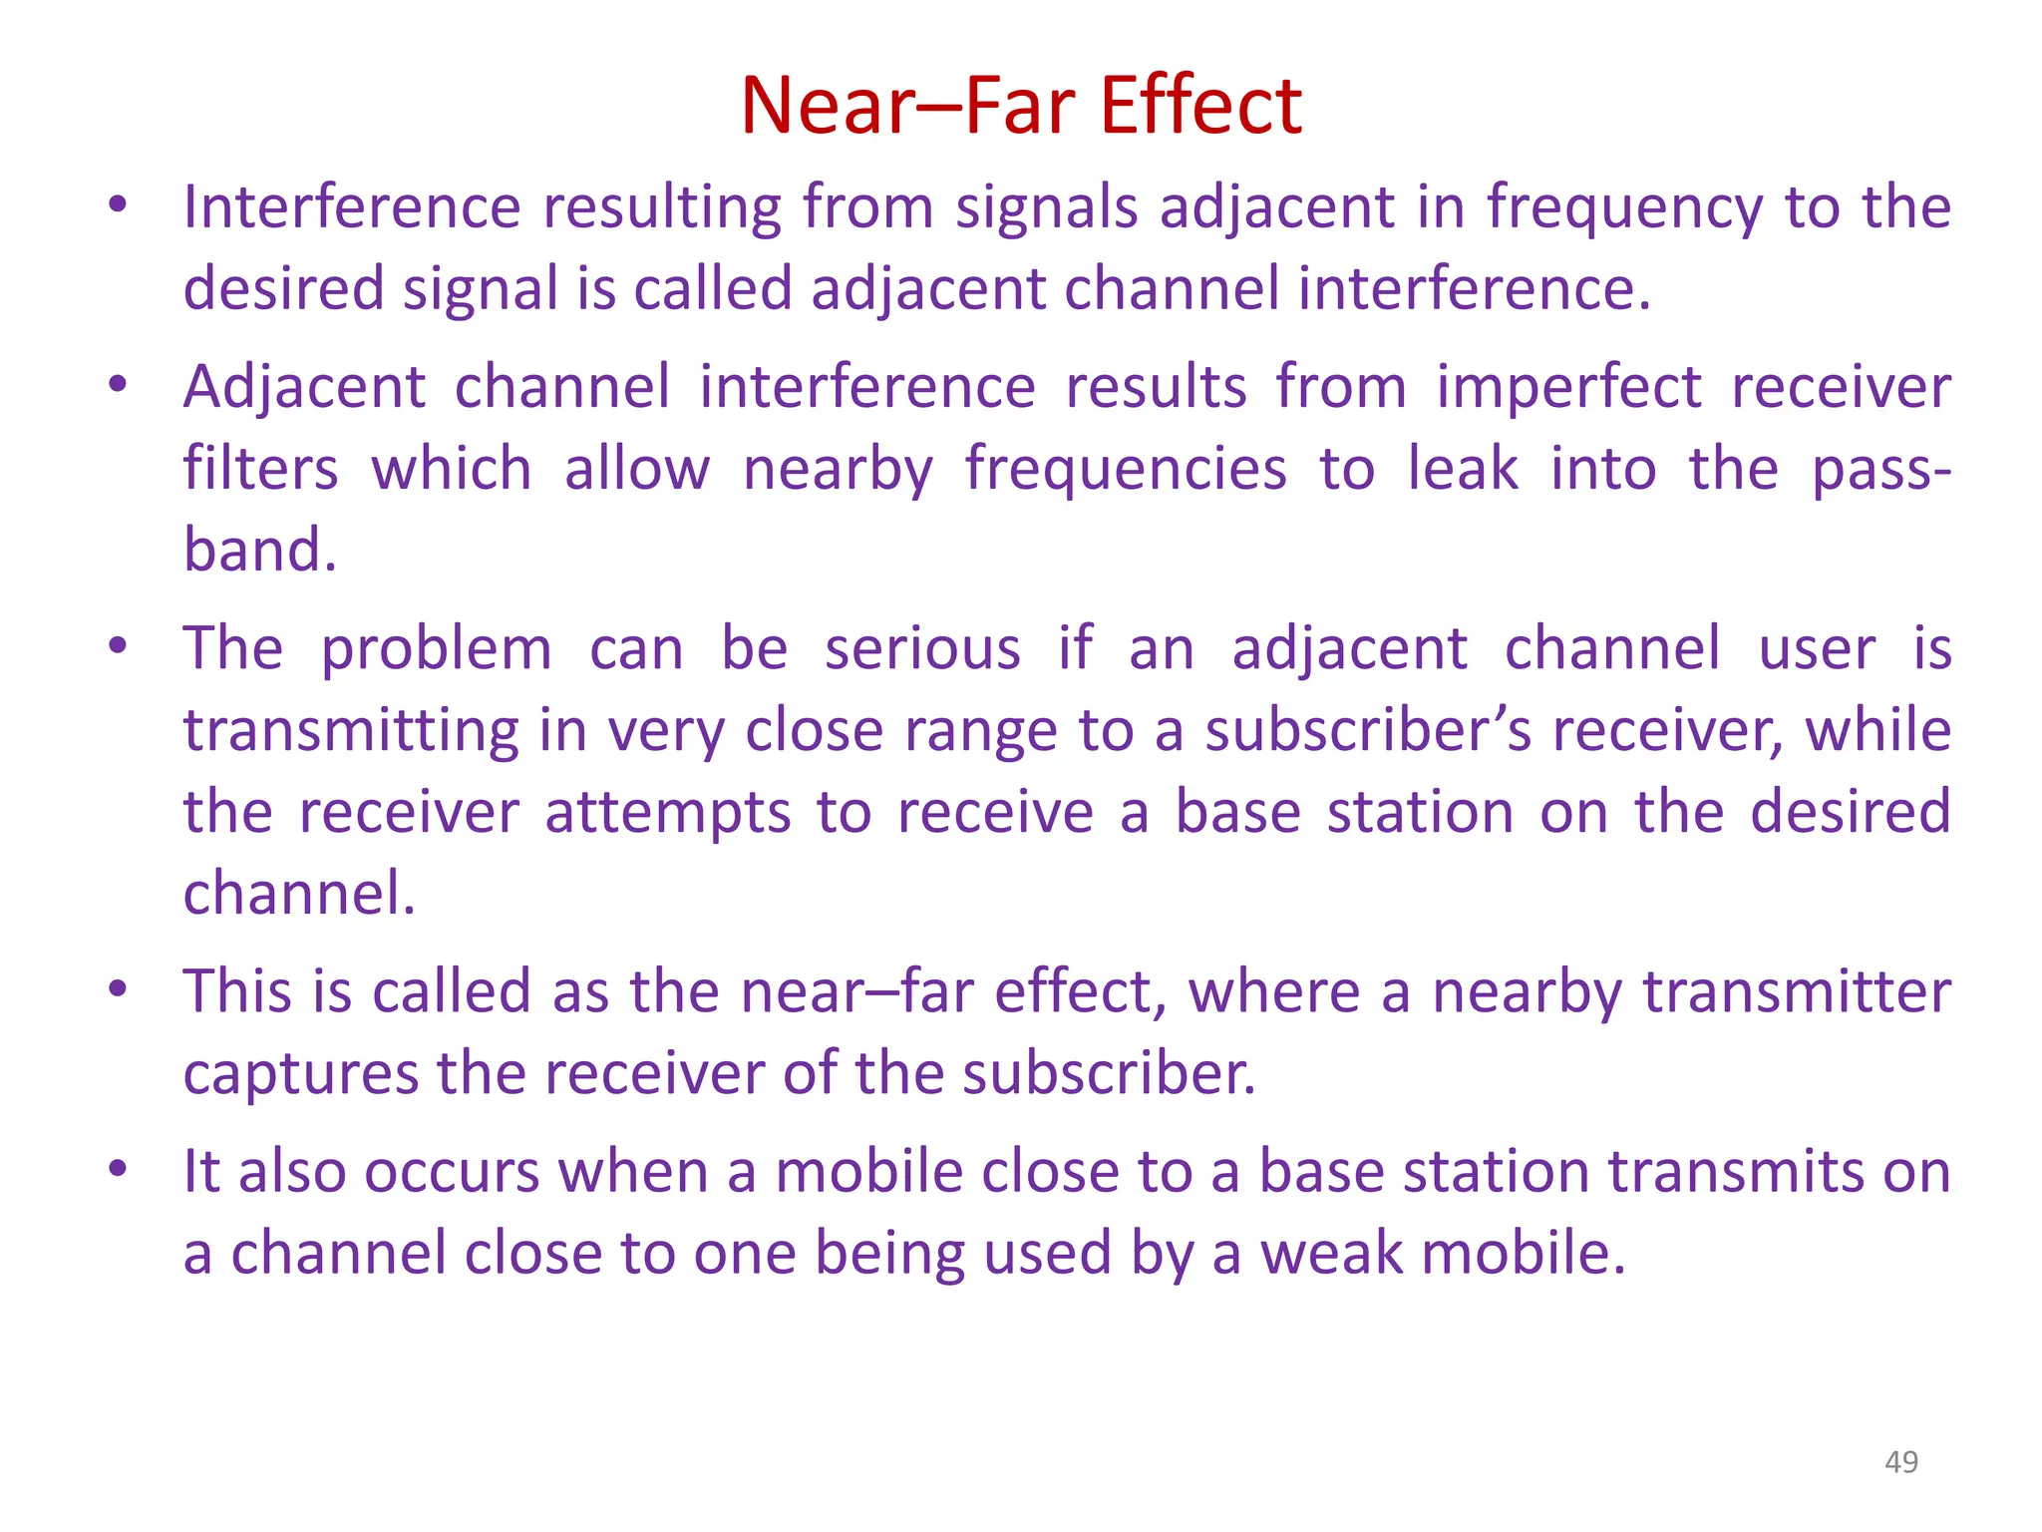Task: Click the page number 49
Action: click(1900, 1461)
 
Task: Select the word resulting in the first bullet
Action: click(662, 208)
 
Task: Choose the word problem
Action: click(436, 650)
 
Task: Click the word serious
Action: click(922, 649)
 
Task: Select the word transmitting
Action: click(351, 731)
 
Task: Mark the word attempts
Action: click(668, 813)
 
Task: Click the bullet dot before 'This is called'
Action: click(118, 989)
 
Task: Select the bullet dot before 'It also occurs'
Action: click(118, 1169)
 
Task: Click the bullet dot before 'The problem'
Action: click(118, 646)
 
